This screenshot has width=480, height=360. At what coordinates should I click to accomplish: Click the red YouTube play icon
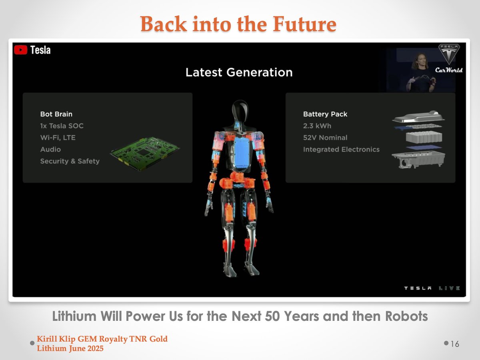coord(20,50)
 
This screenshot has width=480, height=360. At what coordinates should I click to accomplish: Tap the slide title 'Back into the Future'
coord(238,24)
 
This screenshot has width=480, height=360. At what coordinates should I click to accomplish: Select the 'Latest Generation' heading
coord(239,72)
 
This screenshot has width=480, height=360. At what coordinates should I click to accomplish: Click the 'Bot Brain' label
coord(56,114)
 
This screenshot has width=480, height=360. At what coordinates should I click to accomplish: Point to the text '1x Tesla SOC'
coord(62,126)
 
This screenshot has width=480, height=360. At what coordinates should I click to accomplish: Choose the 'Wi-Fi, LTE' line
coord(58,138)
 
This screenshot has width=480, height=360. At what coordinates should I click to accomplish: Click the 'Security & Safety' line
coord(70,161)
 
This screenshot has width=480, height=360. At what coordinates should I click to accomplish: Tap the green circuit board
coord(145,154)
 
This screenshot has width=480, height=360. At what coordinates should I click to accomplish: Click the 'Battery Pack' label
coord(325,114)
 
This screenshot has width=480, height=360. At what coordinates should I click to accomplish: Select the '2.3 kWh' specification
coord(317,126)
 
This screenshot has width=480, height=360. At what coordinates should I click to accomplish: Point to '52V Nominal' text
coord(325,138)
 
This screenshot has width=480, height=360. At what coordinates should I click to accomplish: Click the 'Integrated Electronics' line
coord(341,150)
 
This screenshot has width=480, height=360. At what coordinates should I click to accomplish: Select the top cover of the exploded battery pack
coord(418,117)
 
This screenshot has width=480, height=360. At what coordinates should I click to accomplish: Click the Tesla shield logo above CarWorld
coord(449,54)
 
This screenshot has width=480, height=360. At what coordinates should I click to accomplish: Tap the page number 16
coord(455,344)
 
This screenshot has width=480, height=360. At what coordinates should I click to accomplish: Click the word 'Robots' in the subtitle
coord(406,316)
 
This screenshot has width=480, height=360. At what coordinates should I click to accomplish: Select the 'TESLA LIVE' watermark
coord(432,288)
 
